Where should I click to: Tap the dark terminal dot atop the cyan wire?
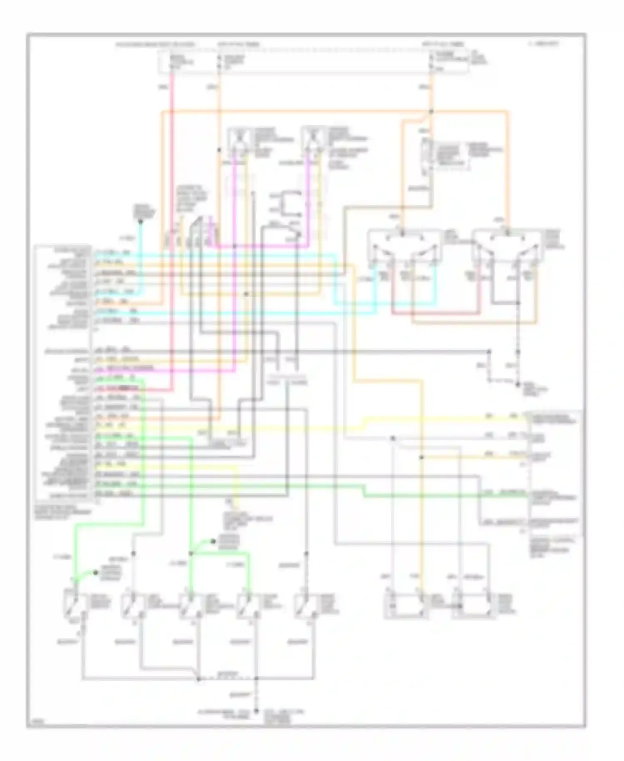[141, 221]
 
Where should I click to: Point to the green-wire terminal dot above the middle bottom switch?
[213, 541]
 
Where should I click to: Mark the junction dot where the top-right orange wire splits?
[431, 112]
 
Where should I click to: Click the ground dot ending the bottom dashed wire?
[256, 711]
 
